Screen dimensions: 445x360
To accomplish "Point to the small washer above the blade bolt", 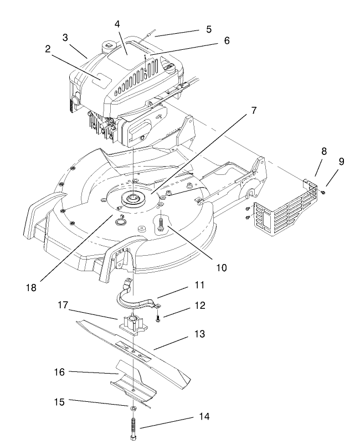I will [x=134, y=408].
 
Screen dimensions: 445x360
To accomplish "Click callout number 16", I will [x=59, y=372].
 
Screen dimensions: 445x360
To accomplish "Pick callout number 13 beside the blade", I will [x=199, y=334].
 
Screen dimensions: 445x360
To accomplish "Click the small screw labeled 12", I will [x=158, y=318].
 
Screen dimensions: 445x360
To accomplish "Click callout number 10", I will [x=221, y=267].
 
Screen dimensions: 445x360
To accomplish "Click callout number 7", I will [x=253, y=110].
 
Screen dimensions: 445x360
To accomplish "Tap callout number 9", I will [x=341, y=162].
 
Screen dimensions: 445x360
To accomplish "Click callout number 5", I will [x=208, y=29].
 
